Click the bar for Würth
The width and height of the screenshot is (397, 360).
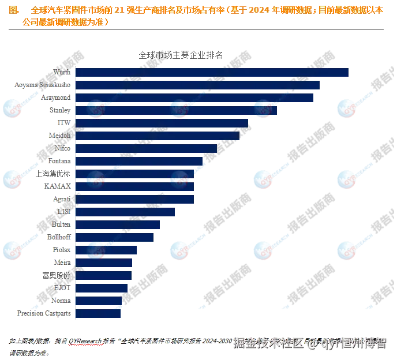pyautogui.click(x=213, y=73)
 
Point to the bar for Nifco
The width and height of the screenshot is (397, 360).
pyautogui.click(x=147, y=149)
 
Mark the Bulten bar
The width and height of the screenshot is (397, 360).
pyautogui.click(x=119, y=225)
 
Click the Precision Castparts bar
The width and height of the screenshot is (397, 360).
pyautogui.click(x=99, y=314)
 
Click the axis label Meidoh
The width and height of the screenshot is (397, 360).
pyautogui.click(x=59, y=136)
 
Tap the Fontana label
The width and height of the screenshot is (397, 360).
pyautogui.click(x=59, y=162)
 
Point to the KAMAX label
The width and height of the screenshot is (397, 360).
pyautogui.click(x=57, y=186)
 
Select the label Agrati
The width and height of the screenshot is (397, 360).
pyautogui.click(x=61, y=199)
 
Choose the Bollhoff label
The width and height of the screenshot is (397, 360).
pyautogui.click(x=59, y=237)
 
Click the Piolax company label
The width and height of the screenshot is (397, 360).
pyautogui.click(x=61, y=250)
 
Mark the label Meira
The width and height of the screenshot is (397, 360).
pyautogui.click(x=62, y=262)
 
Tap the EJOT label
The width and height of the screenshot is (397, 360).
pyautogui.click(x=62, y=287)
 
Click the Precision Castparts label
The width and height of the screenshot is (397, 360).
pyautogui.click(x=44, y=314)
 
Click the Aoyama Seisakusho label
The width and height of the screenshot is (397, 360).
pyautogui.click(x=42, y=85)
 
